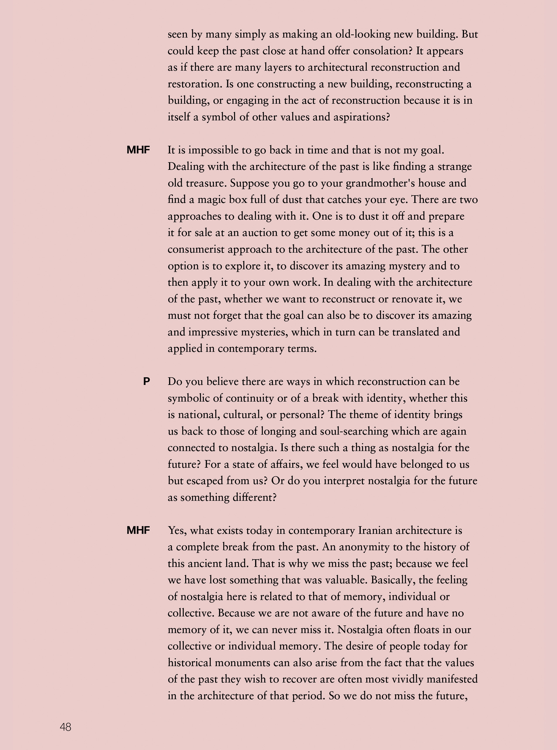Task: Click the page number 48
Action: point(65,727)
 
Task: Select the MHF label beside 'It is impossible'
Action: point(138,150)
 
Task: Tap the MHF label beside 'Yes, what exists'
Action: point(138,530)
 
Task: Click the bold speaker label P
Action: point(146,381)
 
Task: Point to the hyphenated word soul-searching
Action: point(354,431)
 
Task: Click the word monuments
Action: point(242,662)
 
